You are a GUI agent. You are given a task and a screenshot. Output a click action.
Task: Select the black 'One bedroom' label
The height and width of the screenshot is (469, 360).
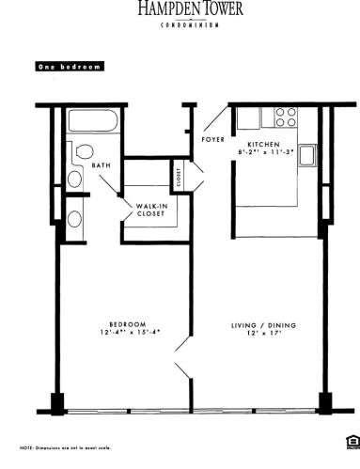pyautogui.click(x=69, y=68)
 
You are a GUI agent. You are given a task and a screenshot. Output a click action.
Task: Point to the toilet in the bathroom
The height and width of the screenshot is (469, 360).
pyautogui.click(x=83, y=150)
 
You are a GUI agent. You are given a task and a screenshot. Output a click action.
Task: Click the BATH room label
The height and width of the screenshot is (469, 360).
pyautogui.click(x=102, y=167)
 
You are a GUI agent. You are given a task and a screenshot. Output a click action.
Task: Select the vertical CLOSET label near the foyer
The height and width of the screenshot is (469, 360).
pyautogui.click(x=178, y=174)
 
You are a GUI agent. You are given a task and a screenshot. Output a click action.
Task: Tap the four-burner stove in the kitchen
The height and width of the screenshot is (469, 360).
pyautogui.click(x=285, y=117)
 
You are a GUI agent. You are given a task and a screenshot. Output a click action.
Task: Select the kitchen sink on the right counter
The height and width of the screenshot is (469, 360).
pyautogui.click(x=307, y=155)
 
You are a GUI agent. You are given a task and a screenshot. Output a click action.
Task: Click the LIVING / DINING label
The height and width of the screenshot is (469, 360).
pyautogui.click(x=264, y=325)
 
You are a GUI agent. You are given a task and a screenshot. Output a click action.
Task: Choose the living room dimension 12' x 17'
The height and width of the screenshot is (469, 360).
pyautogui.click(x=264, y=335)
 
